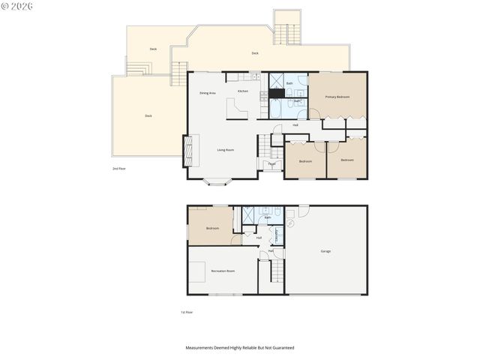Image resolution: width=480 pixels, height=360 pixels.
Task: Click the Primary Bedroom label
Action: point(337,97)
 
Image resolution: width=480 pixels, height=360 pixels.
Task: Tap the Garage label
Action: point(325,251)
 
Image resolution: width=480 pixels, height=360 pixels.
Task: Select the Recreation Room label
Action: point(223,271)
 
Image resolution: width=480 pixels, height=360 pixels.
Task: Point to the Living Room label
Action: point(226,150)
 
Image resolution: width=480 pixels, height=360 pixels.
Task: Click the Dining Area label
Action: point(208,93)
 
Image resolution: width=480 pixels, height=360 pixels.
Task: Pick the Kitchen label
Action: point(243,91)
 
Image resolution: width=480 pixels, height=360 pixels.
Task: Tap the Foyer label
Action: point(271,163)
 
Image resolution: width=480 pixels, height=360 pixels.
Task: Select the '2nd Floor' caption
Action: point(118,169)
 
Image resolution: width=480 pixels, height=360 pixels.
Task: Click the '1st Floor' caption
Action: point(187,312)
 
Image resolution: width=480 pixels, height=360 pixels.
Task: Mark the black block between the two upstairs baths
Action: point(277,94)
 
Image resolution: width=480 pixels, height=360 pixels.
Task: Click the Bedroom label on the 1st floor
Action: point(212,228)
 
